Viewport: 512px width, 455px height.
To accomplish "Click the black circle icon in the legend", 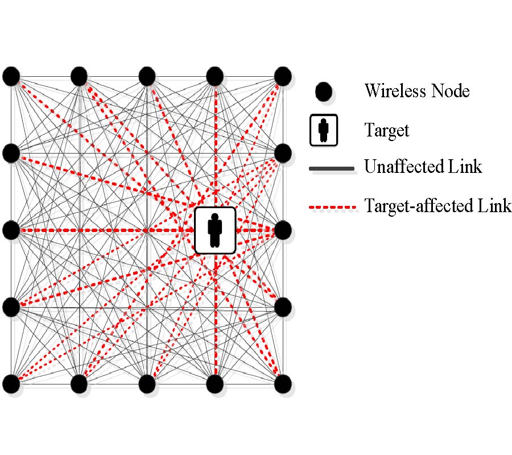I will coord(324,92).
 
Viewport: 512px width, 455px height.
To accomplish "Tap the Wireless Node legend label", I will coord(417,90).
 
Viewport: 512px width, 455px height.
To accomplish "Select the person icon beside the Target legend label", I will coord(324,130).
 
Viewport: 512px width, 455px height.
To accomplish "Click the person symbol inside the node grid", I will coord(215,230).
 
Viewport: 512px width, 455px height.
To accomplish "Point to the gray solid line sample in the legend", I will coord(333,168).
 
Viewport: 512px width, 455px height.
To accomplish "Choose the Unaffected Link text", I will coord(423,167).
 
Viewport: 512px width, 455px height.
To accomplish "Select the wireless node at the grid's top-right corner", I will coord(283,76).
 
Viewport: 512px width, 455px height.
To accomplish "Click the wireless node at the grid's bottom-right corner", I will coord(283,384).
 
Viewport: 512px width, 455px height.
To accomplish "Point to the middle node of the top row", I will coord(147,76).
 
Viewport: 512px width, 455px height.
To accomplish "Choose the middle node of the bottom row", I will coord(147,384).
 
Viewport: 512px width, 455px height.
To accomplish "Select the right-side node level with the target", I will coord(283,230).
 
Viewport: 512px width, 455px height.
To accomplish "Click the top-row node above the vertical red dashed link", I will coord(215,76).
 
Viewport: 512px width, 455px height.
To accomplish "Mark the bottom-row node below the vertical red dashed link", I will coord(215,384).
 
